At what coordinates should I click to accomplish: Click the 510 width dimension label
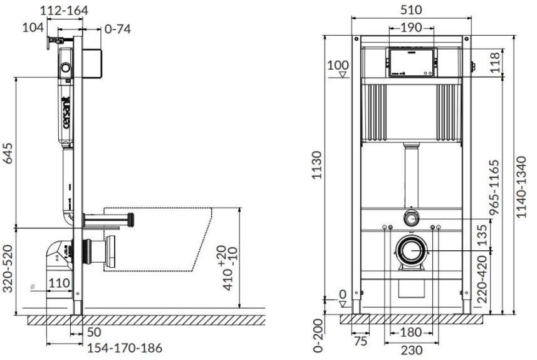click(411, 9)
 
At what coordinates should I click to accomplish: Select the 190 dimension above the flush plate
click(412, 28)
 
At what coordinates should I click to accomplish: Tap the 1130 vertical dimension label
click(317, 165)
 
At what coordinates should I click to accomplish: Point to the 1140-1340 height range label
click(521, 187)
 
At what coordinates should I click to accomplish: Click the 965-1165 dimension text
click(494, 188)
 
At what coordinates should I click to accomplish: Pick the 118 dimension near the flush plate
click(495, 62)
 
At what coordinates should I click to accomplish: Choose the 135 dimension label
click(482, 235)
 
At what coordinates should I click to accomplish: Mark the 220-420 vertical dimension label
click(482, 278)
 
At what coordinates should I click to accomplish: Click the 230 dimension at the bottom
click(411, 351)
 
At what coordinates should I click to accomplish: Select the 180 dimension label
click(411, 332)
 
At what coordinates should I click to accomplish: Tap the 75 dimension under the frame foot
click(360, 341)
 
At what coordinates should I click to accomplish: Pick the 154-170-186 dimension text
click(125, 348)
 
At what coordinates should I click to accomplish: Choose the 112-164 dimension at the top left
click(64, 10)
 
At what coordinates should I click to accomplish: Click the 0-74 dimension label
click(117, 29)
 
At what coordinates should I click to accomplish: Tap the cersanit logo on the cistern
click(66, 112)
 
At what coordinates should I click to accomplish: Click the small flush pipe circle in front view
click(411, 218)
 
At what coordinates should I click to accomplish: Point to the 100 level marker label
click(338, 65)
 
